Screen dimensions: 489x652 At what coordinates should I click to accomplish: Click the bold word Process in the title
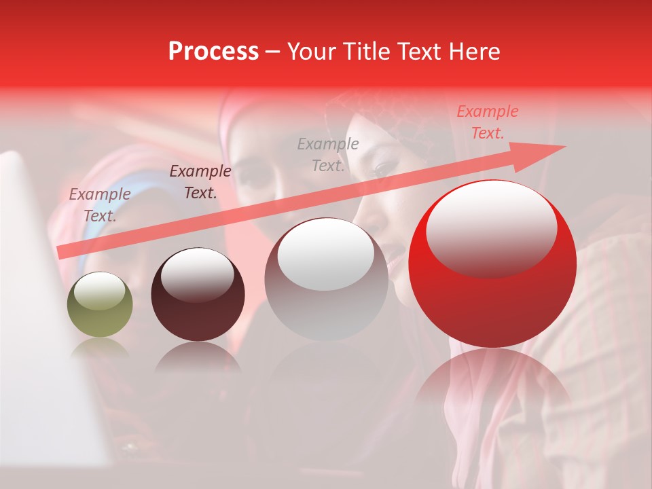coord(213,52)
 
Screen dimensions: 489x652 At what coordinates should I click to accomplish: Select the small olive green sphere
coord(100,305)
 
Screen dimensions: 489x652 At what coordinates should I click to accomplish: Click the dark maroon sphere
coord(198,294)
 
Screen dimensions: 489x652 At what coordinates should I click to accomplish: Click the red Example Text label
coord(487,122)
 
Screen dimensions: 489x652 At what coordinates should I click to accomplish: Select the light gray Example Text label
coord(328,154)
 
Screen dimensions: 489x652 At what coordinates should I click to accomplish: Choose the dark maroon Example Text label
coord(200,181)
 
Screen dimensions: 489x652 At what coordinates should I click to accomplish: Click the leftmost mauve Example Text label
coord(100,204)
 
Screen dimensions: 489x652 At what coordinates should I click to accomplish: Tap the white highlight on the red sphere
coord(491,228)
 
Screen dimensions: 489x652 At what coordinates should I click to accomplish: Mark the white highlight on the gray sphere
coord(326,255)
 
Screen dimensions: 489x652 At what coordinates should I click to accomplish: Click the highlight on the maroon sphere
coord(197,274)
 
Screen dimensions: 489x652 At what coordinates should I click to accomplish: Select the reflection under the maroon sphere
coord(198,357)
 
